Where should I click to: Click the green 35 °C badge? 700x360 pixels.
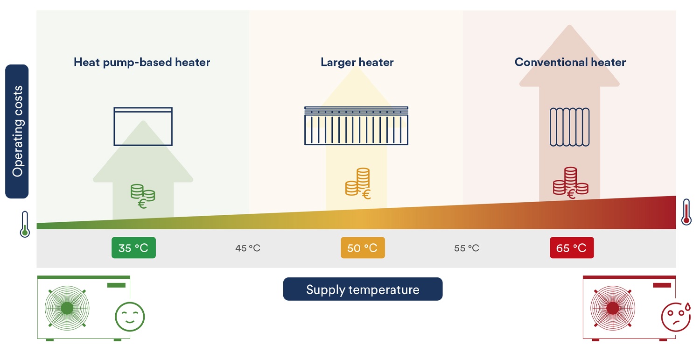[134, 248]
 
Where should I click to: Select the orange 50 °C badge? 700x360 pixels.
[363, 248]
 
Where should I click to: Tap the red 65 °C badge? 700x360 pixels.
[572, 248]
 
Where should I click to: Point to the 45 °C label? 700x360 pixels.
[247, 248]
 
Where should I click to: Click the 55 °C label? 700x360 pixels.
[467, 248]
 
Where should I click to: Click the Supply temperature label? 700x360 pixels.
[363, 289]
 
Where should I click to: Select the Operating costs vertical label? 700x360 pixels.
[17, 131]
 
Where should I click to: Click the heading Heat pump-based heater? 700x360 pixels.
[142, 62]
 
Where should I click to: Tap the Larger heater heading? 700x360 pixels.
[357, 62]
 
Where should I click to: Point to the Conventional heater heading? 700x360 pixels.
[570, 62]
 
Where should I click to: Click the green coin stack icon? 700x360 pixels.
[143, 196]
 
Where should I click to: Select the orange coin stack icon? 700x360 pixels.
[358, 184]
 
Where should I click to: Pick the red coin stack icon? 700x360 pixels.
[571, 183]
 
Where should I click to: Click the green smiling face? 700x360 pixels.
[130, 317]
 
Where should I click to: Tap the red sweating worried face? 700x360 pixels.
[676, 317]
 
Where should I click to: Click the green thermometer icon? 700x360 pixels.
[25, 224]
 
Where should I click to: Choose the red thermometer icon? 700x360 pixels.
[686, 212]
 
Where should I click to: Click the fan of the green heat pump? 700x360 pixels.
[67, 308]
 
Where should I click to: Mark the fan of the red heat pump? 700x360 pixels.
[612, 308]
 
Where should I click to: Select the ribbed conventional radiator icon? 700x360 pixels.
[570, 127]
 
